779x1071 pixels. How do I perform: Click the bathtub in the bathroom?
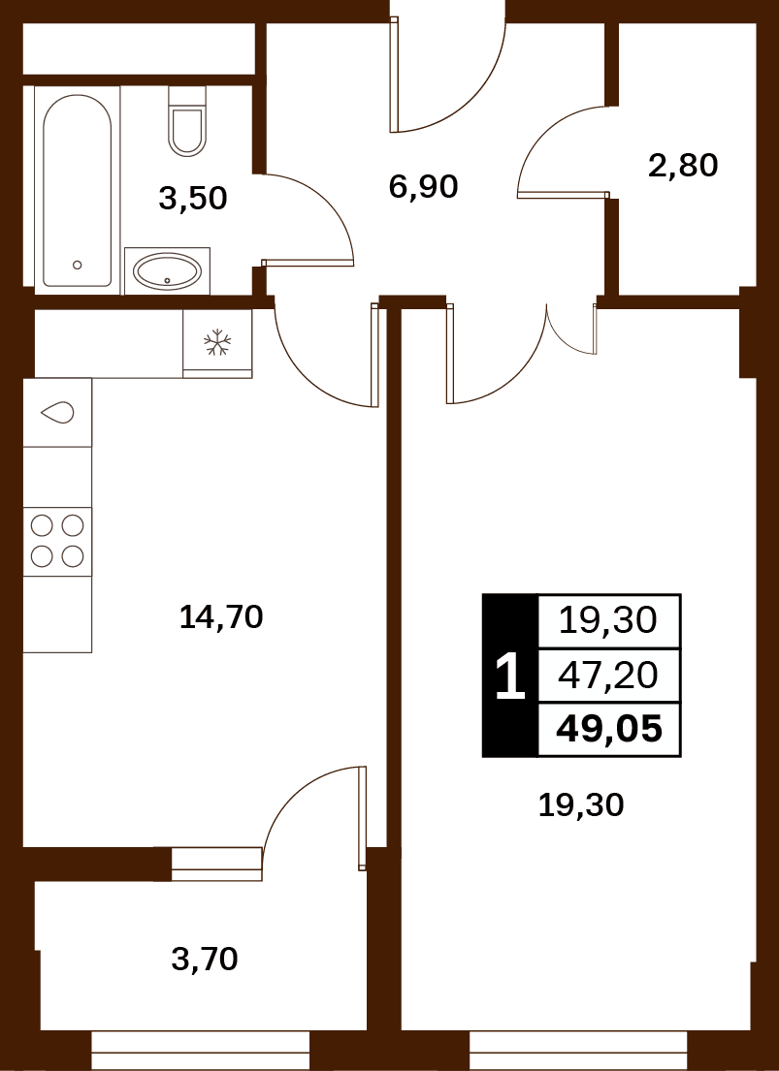pyautogui.click(x=77, y=190)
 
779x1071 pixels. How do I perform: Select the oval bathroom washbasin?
pyautogui.click(x=167, y=271)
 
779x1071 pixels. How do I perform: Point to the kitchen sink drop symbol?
pyautogui.click(x=57, y=412)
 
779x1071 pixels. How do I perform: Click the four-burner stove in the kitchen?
pyautogui.click(x=57, y=541)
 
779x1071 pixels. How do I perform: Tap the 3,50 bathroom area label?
pyautogui.click(x=192, y=199)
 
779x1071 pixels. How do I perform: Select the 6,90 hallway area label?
pyautogui.click(x=423, y=186)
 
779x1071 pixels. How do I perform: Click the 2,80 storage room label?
pyautogui.click(x=683, y=166)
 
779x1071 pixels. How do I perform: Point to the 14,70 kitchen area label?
pyautogui.click(x=221, y=616)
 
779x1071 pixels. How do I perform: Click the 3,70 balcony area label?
pyautogui.click(x=205, y=959)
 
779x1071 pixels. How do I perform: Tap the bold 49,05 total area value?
pyautogui.click(x=609, y=730)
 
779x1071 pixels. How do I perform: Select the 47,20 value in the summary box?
pyautogui.click(x=608, y=676)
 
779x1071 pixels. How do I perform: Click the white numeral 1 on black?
pyautogui.click(x=510, y=675)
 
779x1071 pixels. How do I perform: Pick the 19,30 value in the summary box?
pyautogui.click(x=608, y=621)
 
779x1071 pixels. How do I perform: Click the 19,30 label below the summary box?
pyautogui.click(x=581, y=805)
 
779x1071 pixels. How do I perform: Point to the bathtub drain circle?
pyautogui.click(x=78, y=265)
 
